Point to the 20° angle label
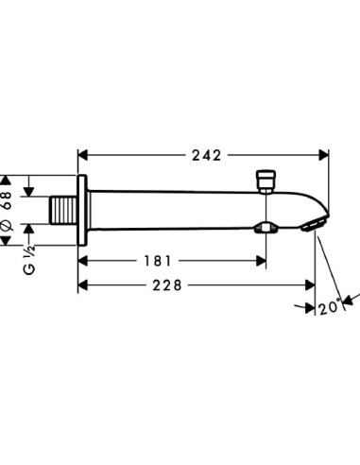[x=328, y=306]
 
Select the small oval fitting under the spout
[x=266, y=228]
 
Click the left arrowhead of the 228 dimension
[x=82, y=284]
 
